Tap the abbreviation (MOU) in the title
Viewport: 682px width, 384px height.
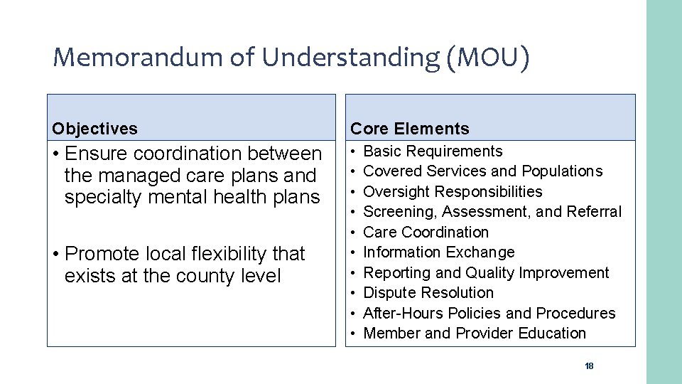(x=488, y=58)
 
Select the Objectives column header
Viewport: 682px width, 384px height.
(x=94, y=129)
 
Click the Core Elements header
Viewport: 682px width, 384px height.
(x=410, y=129)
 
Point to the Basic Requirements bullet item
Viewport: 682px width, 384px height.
(x=433, y=151)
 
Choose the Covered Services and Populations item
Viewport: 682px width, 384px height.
(x=482, y=171)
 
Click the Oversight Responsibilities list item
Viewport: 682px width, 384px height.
(x=453, y=192)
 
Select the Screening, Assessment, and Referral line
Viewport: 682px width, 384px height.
(x=492, y=212)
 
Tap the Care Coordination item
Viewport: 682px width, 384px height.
(x=426, y=233)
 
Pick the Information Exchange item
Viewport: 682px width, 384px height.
(x=438, y=252)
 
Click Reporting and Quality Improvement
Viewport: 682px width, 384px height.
(x=486, y=273)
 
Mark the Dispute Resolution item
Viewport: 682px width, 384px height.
(x=428, y=293)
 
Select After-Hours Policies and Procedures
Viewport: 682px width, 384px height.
(x=489, y=314)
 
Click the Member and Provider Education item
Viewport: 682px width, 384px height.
(x=474, y=334)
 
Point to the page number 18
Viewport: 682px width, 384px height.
(x=588, y=366)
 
